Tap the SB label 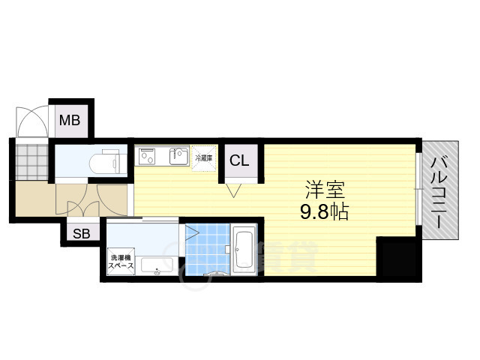[x=81, y=233]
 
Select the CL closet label [x=239, y=160]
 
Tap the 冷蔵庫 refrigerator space [x=203, y=157]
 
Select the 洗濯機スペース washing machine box [x=121, y=261]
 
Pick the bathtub [x=244, y=250]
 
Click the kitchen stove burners [x=145, y=157]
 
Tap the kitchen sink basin [x=178, y=157]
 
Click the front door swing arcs [x=32, y=124]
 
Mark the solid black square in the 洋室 [x=397, y=258]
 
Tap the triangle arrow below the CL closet [x=233, y=191]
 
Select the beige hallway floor [x=37, y=201]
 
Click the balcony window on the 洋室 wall [x=418, y=189]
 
